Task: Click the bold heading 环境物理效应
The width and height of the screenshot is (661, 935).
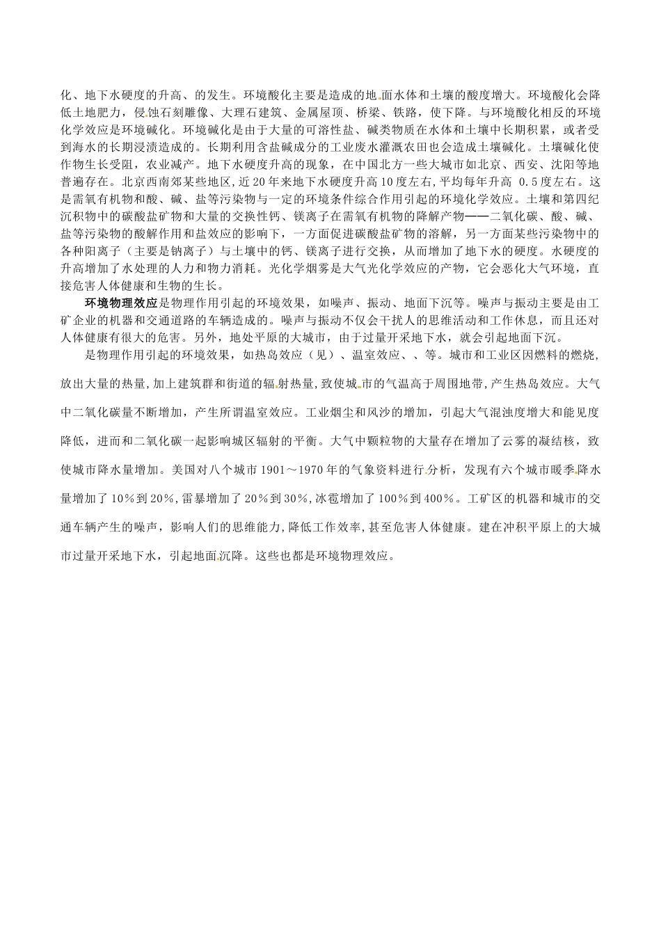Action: coord(122,304)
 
